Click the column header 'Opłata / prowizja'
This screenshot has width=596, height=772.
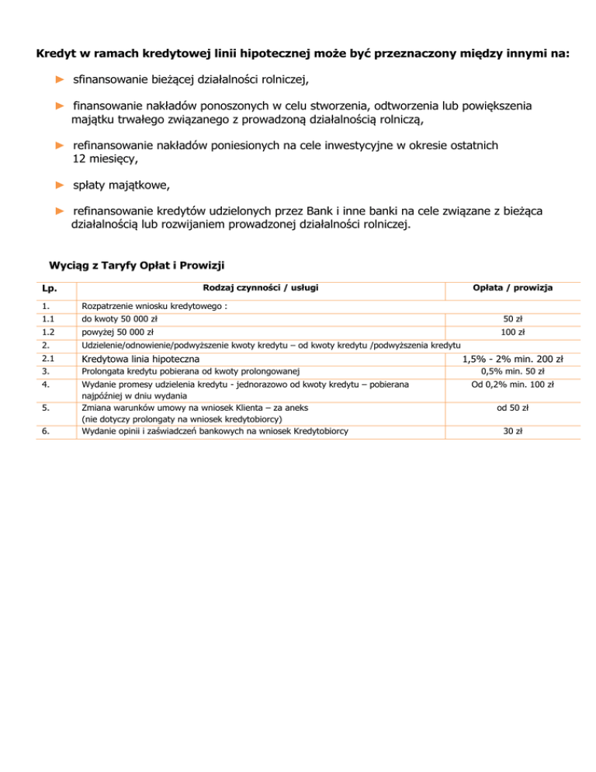(512, 288)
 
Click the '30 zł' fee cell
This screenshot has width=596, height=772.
(512, 431)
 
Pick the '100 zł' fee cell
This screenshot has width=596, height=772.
(512, 332)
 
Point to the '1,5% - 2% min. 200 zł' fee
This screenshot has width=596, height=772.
(512, 359)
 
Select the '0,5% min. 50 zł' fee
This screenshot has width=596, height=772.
(512, 371)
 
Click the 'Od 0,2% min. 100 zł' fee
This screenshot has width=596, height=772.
(512, 384)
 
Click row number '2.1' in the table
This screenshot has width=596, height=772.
(49, 359)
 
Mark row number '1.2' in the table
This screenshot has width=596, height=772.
(49, 332)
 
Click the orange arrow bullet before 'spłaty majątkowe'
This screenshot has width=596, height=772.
(60, 186)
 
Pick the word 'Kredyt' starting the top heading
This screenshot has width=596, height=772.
(56, 54)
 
